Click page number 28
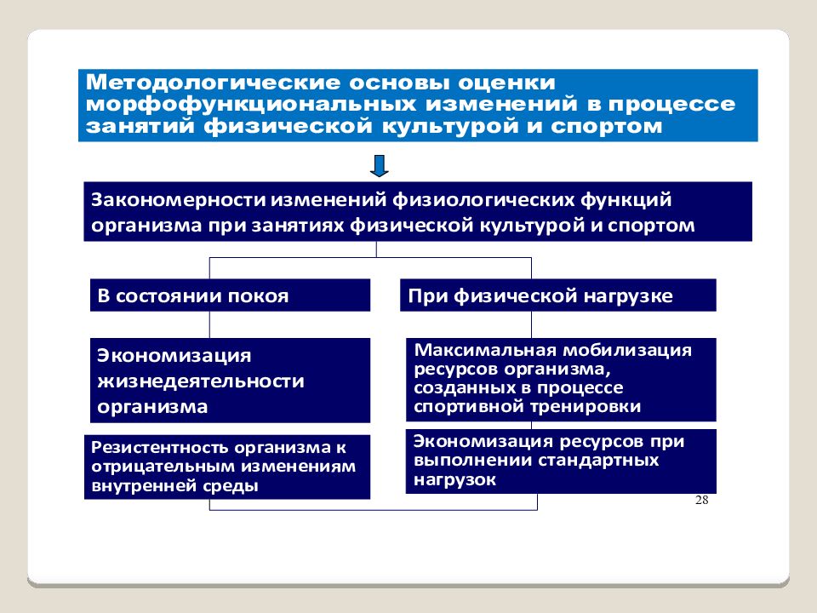[701, 500]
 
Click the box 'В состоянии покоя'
[231, 296]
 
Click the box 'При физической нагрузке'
[558, 296]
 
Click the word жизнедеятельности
[201, 381]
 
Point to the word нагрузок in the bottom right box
[455, 479]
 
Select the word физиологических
[483, 199]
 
